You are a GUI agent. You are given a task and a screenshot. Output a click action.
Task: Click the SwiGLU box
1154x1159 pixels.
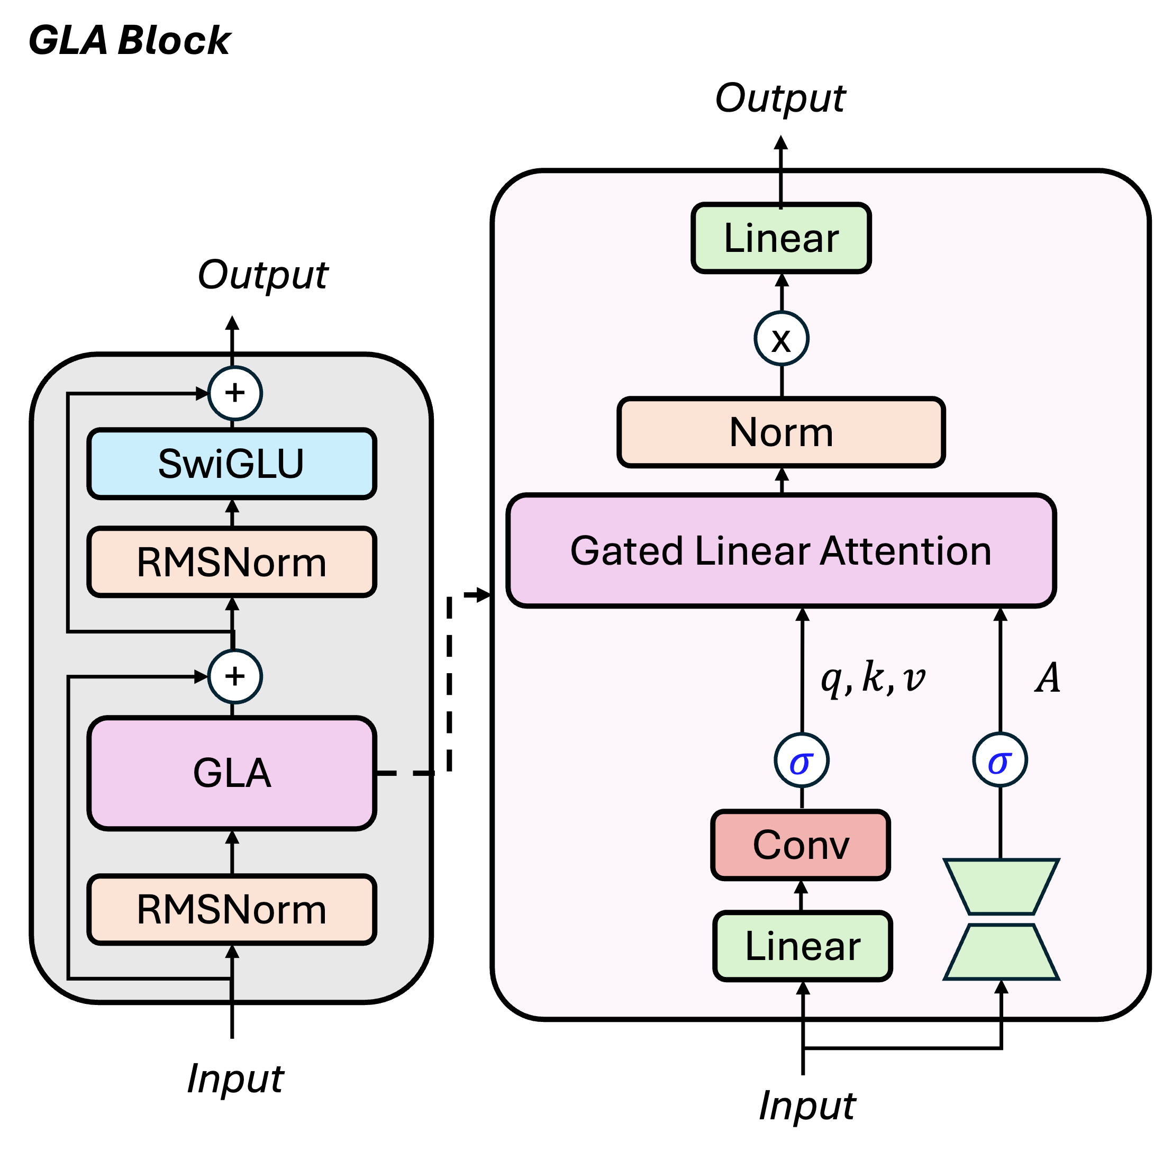click(232, 464)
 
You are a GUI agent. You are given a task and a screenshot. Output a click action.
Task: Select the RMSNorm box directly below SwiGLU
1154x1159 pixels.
click(232, 562)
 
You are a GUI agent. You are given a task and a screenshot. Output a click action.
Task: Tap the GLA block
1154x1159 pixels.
click(232, 773)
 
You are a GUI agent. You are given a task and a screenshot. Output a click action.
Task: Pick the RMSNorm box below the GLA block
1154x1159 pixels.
click(232, 909)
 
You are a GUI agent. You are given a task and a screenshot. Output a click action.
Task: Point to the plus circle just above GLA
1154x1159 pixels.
click(234, 677)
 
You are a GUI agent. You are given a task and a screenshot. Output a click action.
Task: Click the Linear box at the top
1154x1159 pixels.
click(781, 238)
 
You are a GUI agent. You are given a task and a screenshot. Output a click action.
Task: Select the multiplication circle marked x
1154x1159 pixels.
click(781, 339)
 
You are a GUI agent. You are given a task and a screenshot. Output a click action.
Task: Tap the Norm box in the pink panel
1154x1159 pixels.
click(781, 432)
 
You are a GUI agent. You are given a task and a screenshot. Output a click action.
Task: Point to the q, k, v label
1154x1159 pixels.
click(873, 678)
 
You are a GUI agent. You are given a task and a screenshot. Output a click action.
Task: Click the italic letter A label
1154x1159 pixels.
click(1048, 678)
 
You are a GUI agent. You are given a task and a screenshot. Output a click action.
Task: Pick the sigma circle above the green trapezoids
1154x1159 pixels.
click(1000, 760)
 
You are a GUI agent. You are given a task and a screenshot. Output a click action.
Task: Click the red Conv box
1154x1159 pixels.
click(801, 845)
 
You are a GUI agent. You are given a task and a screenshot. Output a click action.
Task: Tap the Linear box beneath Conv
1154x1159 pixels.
click(803, 946)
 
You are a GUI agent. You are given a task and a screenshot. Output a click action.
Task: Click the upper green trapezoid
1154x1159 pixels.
click(1001, 886)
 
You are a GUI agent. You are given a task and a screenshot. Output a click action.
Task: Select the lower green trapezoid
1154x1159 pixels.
click(1001, 953)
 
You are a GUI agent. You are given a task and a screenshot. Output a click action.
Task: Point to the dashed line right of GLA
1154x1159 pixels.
click(403, 773)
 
